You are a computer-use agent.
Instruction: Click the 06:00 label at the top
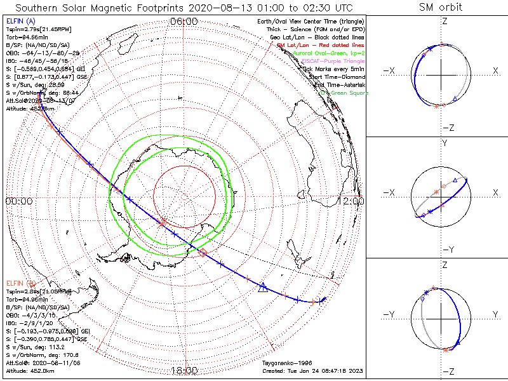tap(184, 21)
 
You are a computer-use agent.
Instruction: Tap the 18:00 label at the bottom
tap(184, 370)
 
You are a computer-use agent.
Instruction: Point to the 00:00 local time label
tap(18, 201)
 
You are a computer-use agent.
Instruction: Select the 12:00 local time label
tap(353, 201)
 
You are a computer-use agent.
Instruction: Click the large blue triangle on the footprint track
tap(262, 287)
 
